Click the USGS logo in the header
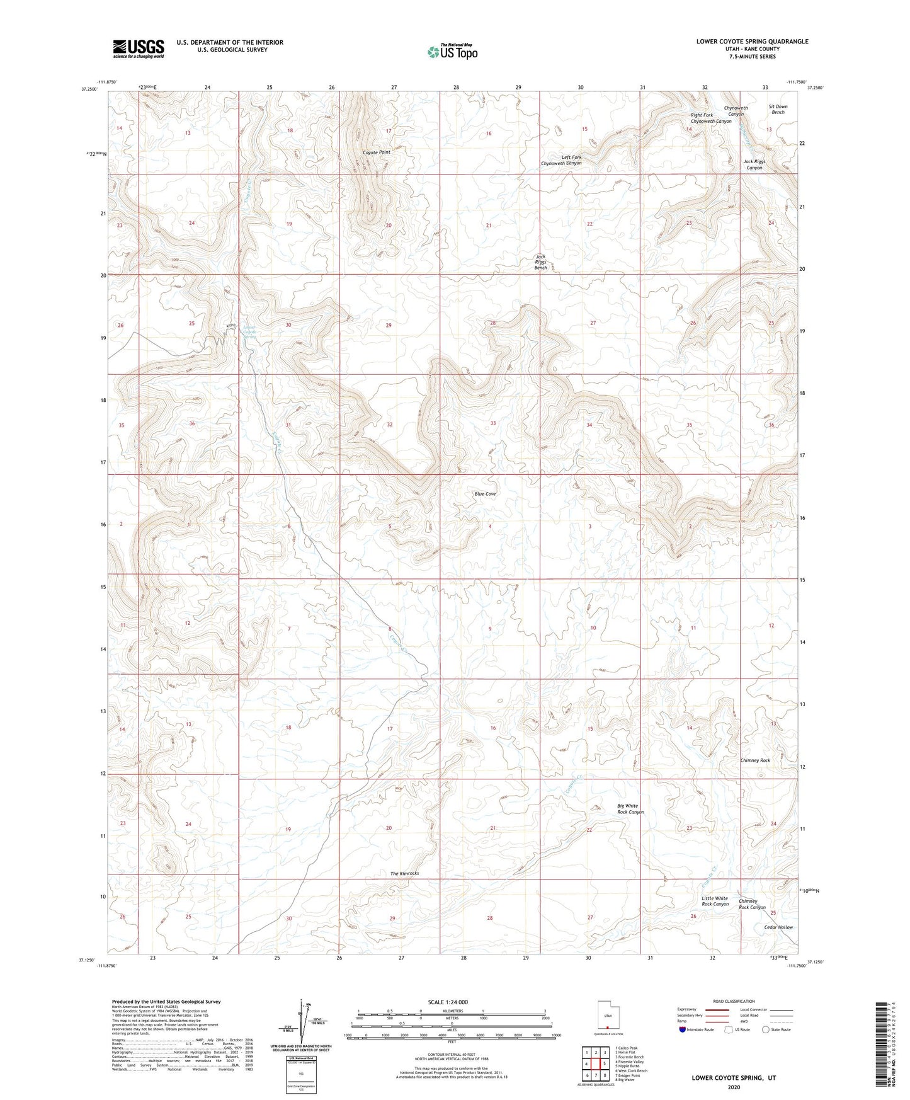point(139,49)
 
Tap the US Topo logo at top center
point(452,51)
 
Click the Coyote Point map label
point(376,152)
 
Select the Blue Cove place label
point(485,494)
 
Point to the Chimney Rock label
point(754,760)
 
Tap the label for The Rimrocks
point(404,873)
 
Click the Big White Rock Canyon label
point(630,809)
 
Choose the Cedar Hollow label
point(778,927)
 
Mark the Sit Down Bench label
point(778,110)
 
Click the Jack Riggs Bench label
point(540,262)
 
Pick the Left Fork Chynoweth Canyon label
point(561,160)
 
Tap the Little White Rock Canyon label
point(715,901)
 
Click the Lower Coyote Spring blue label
point(250,332)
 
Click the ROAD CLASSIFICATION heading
point(734,1001)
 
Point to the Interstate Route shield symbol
point(684,1029)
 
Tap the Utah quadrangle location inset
point(608,1017)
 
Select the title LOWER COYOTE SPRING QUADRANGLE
point(752,42)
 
